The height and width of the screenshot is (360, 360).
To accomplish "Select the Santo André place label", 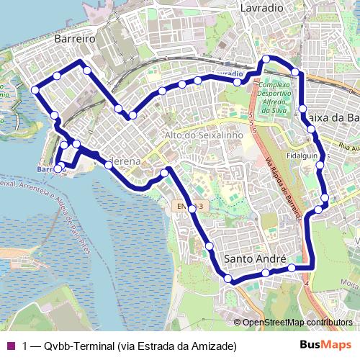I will [255, 258].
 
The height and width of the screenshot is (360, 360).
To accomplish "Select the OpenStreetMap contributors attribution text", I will [297, 322].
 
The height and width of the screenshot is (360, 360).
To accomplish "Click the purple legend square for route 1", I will [10, 346].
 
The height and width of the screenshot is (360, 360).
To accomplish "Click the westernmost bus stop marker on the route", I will [35, 89].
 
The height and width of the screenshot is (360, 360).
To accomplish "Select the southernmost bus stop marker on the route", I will [228, 279].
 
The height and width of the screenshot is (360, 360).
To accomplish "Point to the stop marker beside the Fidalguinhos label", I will [320, 166].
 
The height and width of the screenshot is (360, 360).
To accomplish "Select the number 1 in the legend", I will [25, 346].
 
